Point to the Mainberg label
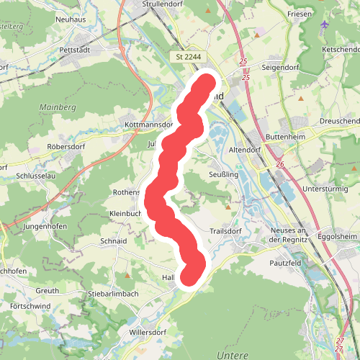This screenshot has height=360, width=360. pyautogui.click(x=58, y=107)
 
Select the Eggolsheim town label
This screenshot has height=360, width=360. pyautogui.click(x=339, y=235)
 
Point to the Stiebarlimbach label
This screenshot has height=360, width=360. pyautogui.click(x=112, y=294)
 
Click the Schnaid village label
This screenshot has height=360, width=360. pyautogui.click(x=114, y=241)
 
